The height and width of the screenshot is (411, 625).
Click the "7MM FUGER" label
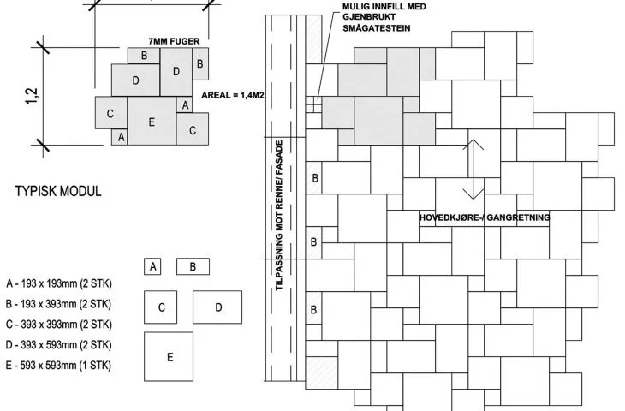(174, 41)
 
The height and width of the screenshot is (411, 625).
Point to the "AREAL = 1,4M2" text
(233, 95)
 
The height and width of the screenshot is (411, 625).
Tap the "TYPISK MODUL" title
(58, 191)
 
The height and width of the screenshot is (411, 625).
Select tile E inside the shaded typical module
(152, 121)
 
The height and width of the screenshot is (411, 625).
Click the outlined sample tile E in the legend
(169, 356)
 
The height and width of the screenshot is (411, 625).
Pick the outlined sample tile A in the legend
(152, 266)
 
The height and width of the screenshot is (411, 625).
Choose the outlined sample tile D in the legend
(217, 307)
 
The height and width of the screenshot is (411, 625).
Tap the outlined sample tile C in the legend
(161, 307)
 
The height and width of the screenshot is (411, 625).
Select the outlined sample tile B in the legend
(193, 266)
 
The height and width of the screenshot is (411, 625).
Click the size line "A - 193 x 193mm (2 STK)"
(59, 283)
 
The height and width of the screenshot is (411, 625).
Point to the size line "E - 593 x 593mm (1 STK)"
(58, 365)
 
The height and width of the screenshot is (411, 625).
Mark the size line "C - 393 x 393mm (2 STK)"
(58, 325)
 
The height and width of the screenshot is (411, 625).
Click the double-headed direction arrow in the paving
(473, 169)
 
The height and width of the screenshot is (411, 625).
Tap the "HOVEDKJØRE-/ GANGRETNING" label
(485, 217)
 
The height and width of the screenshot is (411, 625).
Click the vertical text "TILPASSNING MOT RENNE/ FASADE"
(279, 215)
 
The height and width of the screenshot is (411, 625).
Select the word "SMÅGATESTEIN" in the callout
(376, 28)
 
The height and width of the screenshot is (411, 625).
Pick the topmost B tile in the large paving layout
(314, 178)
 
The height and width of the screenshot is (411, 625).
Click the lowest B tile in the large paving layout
(314, 309)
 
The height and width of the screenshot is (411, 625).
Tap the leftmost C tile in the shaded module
(111, 113)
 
